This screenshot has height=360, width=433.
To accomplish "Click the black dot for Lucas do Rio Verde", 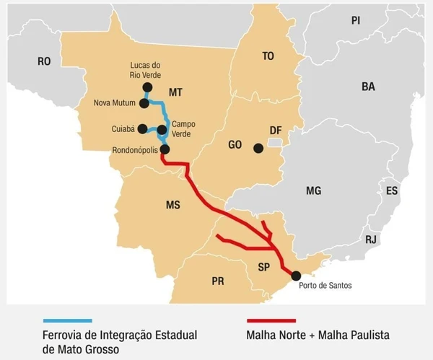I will click(147, 87).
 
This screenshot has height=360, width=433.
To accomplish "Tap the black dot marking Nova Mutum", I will click(144, 103).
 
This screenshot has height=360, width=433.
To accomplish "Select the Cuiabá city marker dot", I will click(143, 129).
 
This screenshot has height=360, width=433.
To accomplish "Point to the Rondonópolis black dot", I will click(165, 149).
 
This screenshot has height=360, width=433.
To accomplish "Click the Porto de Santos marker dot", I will click(295, 274).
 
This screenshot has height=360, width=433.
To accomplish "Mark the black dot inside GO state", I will click(258, 149).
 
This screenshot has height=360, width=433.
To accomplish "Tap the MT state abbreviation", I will click(176, 92).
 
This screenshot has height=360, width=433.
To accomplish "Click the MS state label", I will click(172, 206).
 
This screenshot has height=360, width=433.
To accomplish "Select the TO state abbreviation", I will click(268, 56).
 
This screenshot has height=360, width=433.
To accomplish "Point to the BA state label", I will click(368, 87).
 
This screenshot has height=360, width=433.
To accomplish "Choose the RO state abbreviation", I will click(44, 62).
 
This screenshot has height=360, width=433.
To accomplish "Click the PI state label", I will click(355, 20).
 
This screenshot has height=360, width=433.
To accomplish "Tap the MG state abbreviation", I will click(312, 190).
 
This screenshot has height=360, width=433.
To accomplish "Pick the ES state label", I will click(391, 191).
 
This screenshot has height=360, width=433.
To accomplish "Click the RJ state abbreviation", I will click(370, 240).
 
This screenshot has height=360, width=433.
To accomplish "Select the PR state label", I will click(218, 281).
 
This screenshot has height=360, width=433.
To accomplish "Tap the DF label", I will click(275, 130).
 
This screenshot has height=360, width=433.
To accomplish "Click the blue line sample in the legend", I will click(67, 320).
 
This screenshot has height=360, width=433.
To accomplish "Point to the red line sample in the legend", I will click(271, 320).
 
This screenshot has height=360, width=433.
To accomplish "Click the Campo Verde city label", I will click(183, 129).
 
